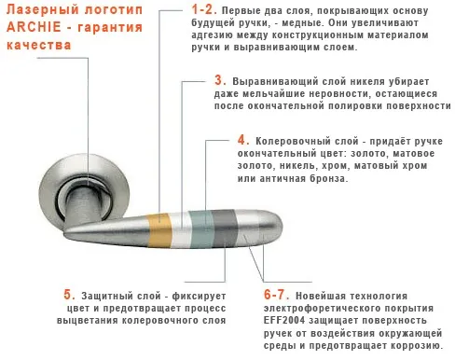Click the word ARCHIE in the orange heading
pyautogui.click(x=34, y=27)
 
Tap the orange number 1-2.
pyautogui.click(x=204, y=9)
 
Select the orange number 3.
pyautogui.click(x=220, y=80)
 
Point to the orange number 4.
pyautogui.click(x=243, y=140)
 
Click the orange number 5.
pyautogui.click(x=69, y=295)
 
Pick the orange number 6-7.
pyautogui.click(x=276, y=295)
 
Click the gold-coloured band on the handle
pyautogui.click(x=159, y=230)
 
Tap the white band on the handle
pyautogui.click(x=181, y=229)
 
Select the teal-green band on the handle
pyautogui.click(x=201, y=229)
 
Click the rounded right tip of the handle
pyautogui.click(x=279, y=226)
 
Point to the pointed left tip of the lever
pyautogui.click(x=65, y=232)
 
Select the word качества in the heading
pyautogui.click(x=39, y=45)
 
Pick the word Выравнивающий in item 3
pyautogui.click(x=275, y=81)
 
